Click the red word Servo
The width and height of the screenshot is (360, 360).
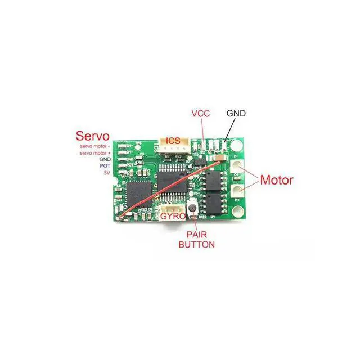coord(92,136)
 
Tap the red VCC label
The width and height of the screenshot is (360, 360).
coord(200,113)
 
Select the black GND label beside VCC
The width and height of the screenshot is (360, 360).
coord(236,113)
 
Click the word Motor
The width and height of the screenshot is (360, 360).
coord(276,180)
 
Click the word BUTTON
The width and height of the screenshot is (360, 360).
coord(196,245)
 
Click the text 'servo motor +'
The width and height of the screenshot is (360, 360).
coord(94,153)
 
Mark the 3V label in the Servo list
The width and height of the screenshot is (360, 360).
coord(107,173)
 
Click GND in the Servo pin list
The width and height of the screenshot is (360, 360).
coord(105,160)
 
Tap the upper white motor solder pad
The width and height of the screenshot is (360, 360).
coord(238,166)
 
